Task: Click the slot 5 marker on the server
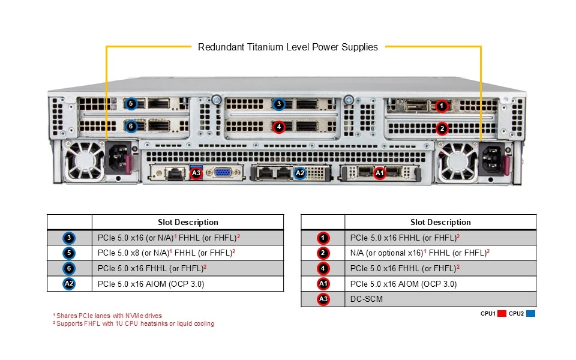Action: click(x=131, y=104)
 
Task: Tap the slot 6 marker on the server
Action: click(x=131, y=126)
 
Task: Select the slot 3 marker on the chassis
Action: click(x=278, y=104)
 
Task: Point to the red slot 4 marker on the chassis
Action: click(x=278, y=127)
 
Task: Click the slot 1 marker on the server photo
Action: click(x=442, y=106)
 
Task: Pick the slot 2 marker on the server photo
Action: click(x=442, y=128)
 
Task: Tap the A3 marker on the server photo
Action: click(x=196, y=173)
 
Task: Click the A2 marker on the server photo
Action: click(x=301, y=173)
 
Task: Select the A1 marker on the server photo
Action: click(x=379, y=173)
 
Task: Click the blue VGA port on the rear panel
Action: click(x=223, y=173)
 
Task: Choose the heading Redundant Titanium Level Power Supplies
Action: click(x=288, y=47)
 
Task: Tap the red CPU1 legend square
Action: click(x=502, y=313)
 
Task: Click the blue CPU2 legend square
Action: click(x=530, y=313)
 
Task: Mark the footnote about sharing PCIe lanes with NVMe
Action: click(x=107, y=316)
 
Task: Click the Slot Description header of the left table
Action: click(x=188, y=222)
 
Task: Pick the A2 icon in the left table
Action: click(x=70, y=284)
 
